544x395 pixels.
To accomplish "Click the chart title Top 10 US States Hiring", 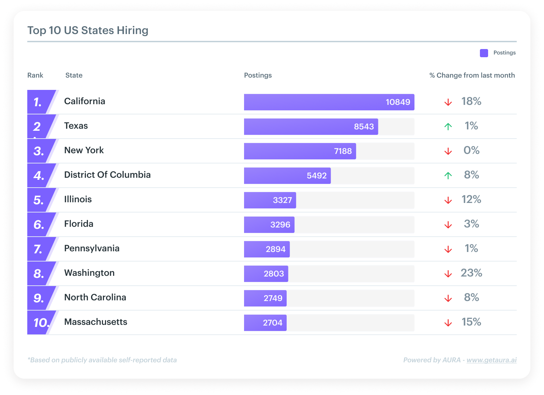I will (x=88, y=30).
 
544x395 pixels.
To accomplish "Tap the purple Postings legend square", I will (x=484, y=53).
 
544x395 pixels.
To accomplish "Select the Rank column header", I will (x=35, y=75).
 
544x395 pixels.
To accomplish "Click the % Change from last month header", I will (x=472, y=75).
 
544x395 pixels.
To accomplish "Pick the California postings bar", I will (x=329, y=102).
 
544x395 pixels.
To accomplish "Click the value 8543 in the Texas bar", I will (x=364, y=127).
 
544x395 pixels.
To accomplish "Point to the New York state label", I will (x=84, y=150).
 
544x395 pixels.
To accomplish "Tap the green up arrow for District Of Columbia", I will (x=448, y=175).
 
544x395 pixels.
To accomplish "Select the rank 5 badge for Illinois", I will (x=39, y=200).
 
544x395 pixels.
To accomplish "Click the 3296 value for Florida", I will (x=280, y=225).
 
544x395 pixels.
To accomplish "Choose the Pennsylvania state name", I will (x=92, y=248).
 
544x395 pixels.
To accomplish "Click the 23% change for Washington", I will (x=471, y=273).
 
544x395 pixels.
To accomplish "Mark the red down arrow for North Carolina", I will (x=448, y=299).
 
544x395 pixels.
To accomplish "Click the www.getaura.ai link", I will (x=492, y=360).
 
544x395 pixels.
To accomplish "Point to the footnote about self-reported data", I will (x=102, y=360).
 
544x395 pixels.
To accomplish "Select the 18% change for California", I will (x=471, y=101).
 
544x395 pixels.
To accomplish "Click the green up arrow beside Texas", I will (x=448, y=126).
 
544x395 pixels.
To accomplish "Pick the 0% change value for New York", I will (x=471, y=150).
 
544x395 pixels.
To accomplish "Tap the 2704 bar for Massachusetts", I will (x=265, y=323).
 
